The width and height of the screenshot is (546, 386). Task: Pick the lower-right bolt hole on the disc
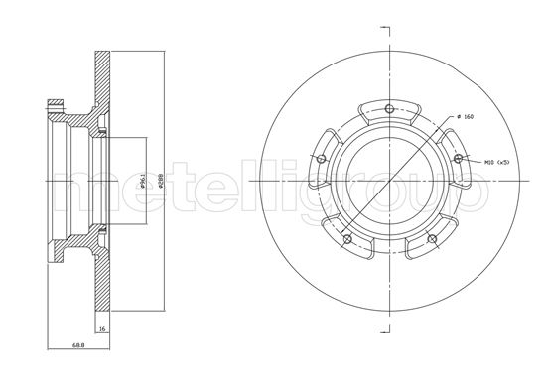pos(434,238)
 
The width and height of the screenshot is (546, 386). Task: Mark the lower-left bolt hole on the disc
pos(345,240)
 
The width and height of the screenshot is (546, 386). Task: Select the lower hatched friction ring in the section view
pos(101,288)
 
